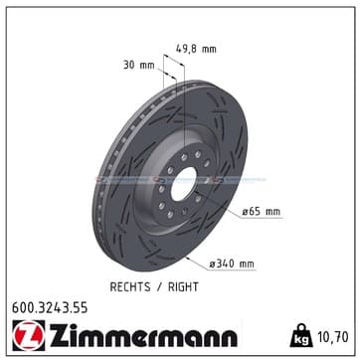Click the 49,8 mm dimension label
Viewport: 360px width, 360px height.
pyautogui.click(x=196, y=49)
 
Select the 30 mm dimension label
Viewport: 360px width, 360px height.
pyautogui.click(x=139, y=65)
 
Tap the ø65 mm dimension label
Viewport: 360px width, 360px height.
pyautogui.click(x=261, y=212)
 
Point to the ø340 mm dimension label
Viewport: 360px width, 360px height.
pyautogui.click(x=232, y=264)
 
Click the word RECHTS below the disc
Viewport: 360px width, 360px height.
pyautogui.click(x=130, y=287)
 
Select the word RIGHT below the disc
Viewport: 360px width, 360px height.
pyautogui.click(x=183, y=287)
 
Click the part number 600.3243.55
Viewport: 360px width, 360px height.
pyautogui.click(x=50, y=308)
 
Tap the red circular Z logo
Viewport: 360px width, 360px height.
pyautogui.click(x=29, y=335)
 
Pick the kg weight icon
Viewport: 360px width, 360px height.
pyautogui.click(x=301, y=335)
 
